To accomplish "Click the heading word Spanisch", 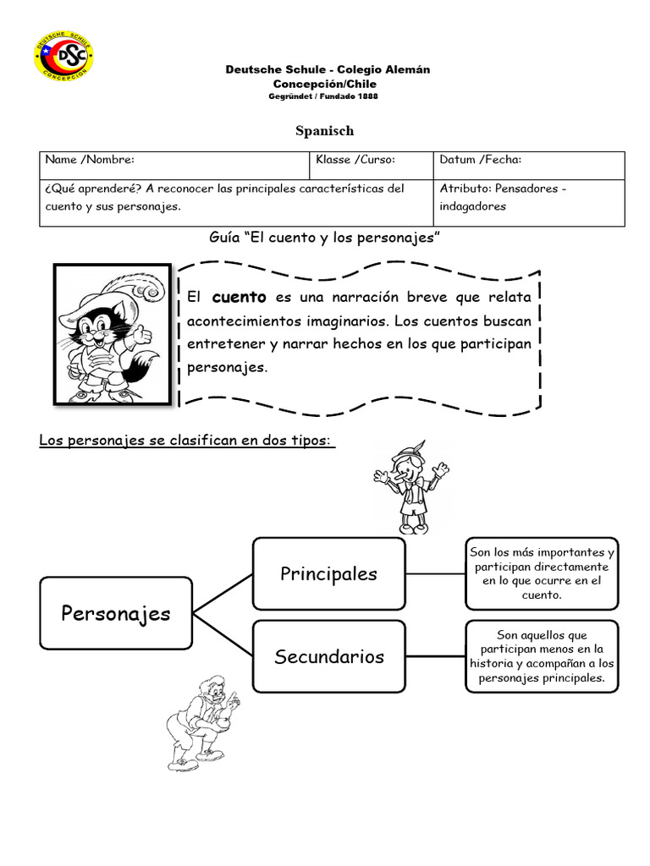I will [x=324, y=130].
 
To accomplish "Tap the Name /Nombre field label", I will [x=90, y=159].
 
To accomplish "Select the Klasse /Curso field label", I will [x=355, y=159].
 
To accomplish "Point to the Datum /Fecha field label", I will [x=480, y=159].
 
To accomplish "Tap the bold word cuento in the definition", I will [x=239, y=297].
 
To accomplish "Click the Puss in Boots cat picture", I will [x=113, y=334].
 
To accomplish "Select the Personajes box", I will [x=115, y=613].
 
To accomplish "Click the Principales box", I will [x=328, y=573].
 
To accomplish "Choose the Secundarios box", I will [x=328, y=656].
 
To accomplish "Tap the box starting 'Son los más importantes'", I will [x=542, y=573].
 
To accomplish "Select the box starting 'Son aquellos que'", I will [x=542, y=656].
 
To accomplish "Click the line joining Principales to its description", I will [x=435, y=573].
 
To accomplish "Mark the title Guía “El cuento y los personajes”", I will [x=326, y=238].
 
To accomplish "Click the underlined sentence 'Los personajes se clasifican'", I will [x=187, y=441].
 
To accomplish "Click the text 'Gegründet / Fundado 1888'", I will [x=323, y=96].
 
